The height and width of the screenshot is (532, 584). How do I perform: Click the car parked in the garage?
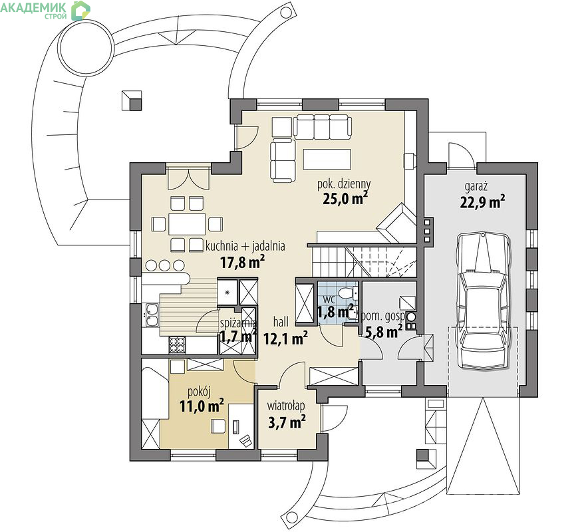[483, 301]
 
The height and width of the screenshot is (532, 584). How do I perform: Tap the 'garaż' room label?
[476, 186]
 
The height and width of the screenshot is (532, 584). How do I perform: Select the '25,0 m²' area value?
[345, 198]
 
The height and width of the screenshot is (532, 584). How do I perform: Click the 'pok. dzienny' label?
[344, 184]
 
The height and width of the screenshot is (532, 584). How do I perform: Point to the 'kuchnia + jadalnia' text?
[245, 246]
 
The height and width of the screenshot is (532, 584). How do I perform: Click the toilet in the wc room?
[346, 292]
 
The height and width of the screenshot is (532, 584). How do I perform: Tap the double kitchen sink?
[152, 315]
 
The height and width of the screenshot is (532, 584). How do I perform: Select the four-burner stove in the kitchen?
[178, 344]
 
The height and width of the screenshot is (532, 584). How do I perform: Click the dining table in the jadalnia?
[187, 224]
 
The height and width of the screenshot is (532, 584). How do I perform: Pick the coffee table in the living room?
[327, 159]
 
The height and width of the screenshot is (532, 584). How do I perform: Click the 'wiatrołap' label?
[285, 406]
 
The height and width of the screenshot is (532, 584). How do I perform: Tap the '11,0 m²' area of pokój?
[202, 406]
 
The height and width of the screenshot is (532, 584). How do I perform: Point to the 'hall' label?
[281, 322]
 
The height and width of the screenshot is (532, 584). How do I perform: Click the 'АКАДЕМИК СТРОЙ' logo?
[45, 10]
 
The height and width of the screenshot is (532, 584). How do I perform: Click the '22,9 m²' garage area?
[483, 202]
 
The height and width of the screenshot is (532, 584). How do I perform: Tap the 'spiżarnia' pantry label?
[238, 323]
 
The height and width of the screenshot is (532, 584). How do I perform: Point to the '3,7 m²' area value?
[287, 422]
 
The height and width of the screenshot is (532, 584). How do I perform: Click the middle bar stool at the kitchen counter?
[164, 265]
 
